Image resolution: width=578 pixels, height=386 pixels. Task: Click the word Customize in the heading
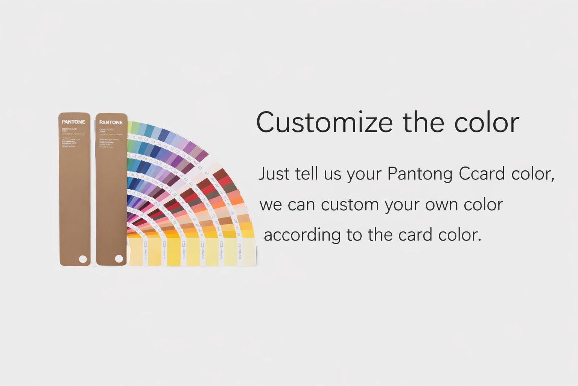point(324,123)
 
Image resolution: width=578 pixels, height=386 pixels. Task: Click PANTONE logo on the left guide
point(73,122)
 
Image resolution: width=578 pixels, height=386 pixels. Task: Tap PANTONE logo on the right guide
point(111,122)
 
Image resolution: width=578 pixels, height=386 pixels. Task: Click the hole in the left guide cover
point(83,259)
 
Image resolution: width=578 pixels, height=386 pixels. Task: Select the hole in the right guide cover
point(119,259)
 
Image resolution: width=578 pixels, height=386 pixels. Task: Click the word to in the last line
point(354,235)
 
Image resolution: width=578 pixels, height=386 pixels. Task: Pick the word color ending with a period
point(460,235)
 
